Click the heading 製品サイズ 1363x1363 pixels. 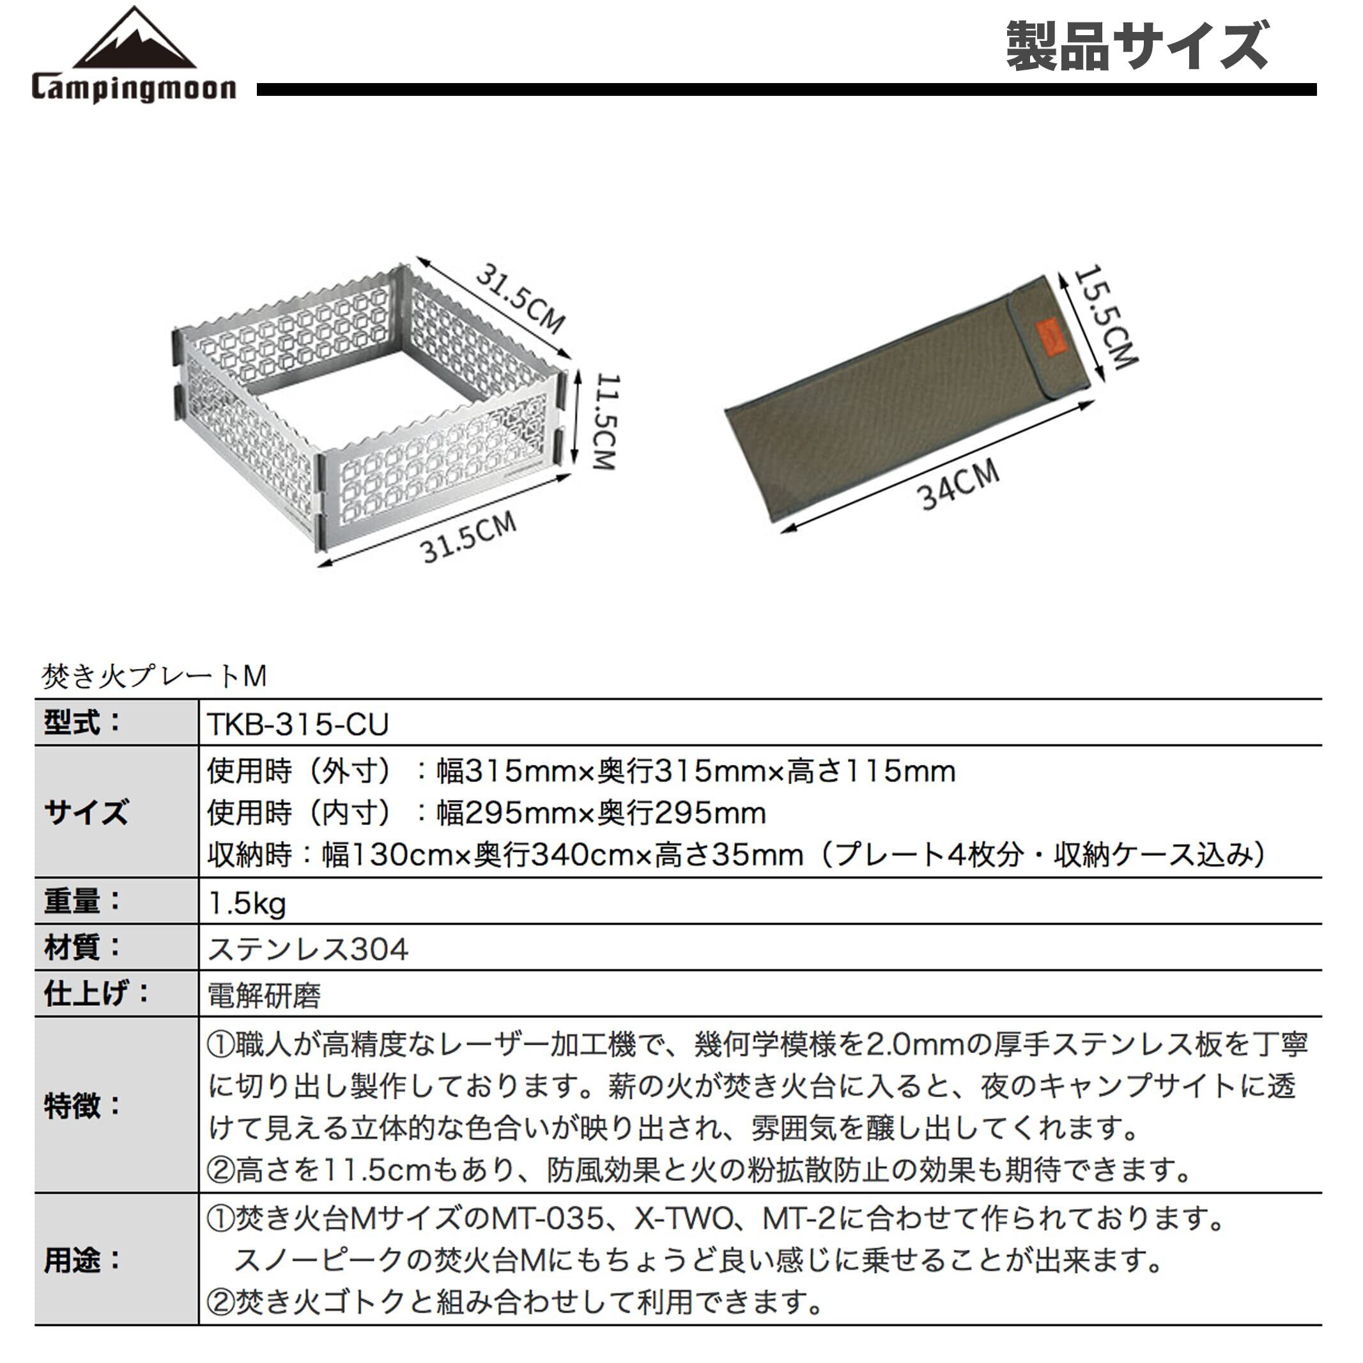(1137, 47)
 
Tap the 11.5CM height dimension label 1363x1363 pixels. (605, 421)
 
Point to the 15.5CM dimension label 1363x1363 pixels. (1105, 317)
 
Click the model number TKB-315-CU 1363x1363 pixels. (298, 725)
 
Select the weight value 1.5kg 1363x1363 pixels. (247, 903)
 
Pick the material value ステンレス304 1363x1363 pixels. (308, 949)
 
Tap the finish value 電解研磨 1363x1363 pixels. (265, 996)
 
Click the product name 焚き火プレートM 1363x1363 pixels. (155, 677)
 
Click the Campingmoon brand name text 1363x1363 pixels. (134, 89)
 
